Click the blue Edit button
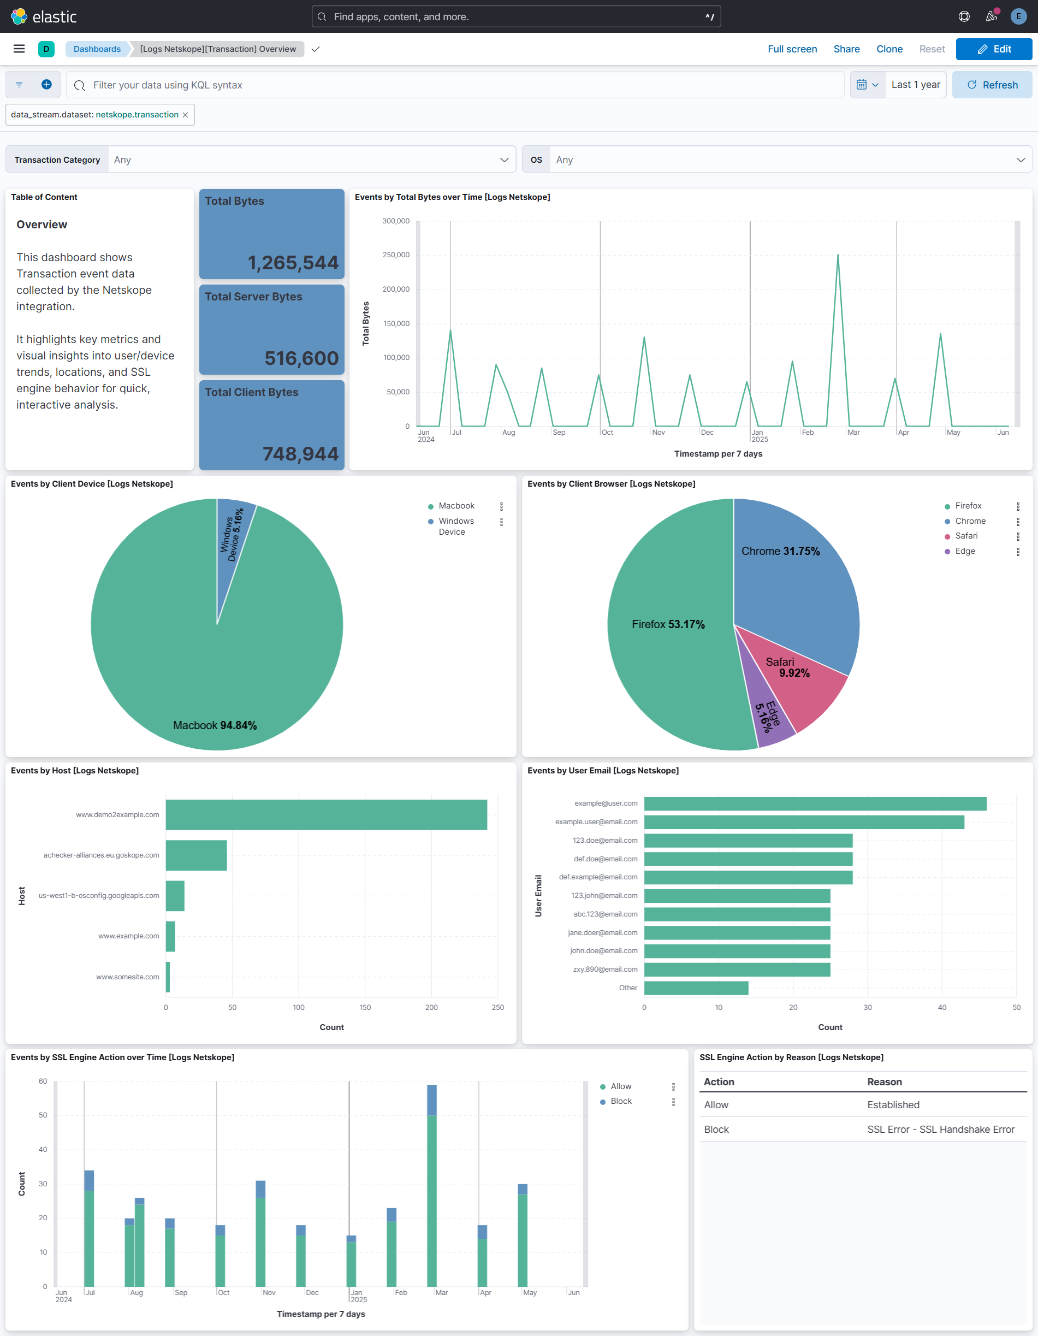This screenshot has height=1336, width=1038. pos(993,49)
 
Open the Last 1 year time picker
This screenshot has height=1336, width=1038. pos(915,85)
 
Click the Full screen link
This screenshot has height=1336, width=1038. pos(792,49)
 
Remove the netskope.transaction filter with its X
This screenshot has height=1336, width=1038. pos(185,115)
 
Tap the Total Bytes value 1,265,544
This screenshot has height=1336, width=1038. pos(292,262)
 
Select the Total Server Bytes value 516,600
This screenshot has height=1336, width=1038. pos(301,358)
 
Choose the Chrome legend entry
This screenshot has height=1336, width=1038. pos(970,521)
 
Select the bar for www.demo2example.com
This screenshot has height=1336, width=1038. pos(326,814)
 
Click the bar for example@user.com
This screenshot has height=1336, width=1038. pos(814,803)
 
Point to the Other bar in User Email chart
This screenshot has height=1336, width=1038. pos(696,988)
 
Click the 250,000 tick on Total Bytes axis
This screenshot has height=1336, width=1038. pos(396,255)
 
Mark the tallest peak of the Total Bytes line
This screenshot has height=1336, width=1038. pos(838,255)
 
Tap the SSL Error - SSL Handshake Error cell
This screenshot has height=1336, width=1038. pos(940,1129)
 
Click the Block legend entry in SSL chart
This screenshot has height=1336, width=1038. pos(620,1101)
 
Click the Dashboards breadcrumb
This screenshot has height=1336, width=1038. pos(97,49)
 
